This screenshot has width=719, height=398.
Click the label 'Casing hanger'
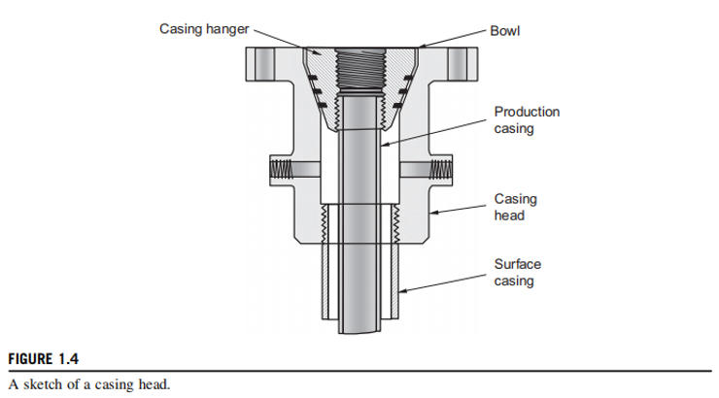[203, 29]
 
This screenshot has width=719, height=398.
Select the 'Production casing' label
[527, 119]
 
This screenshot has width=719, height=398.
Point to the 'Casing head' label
[515, 207]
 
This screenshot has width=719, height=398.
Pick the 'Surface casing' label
[518, 272]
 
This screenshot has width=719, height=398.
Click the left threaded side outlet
[282, 168]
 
